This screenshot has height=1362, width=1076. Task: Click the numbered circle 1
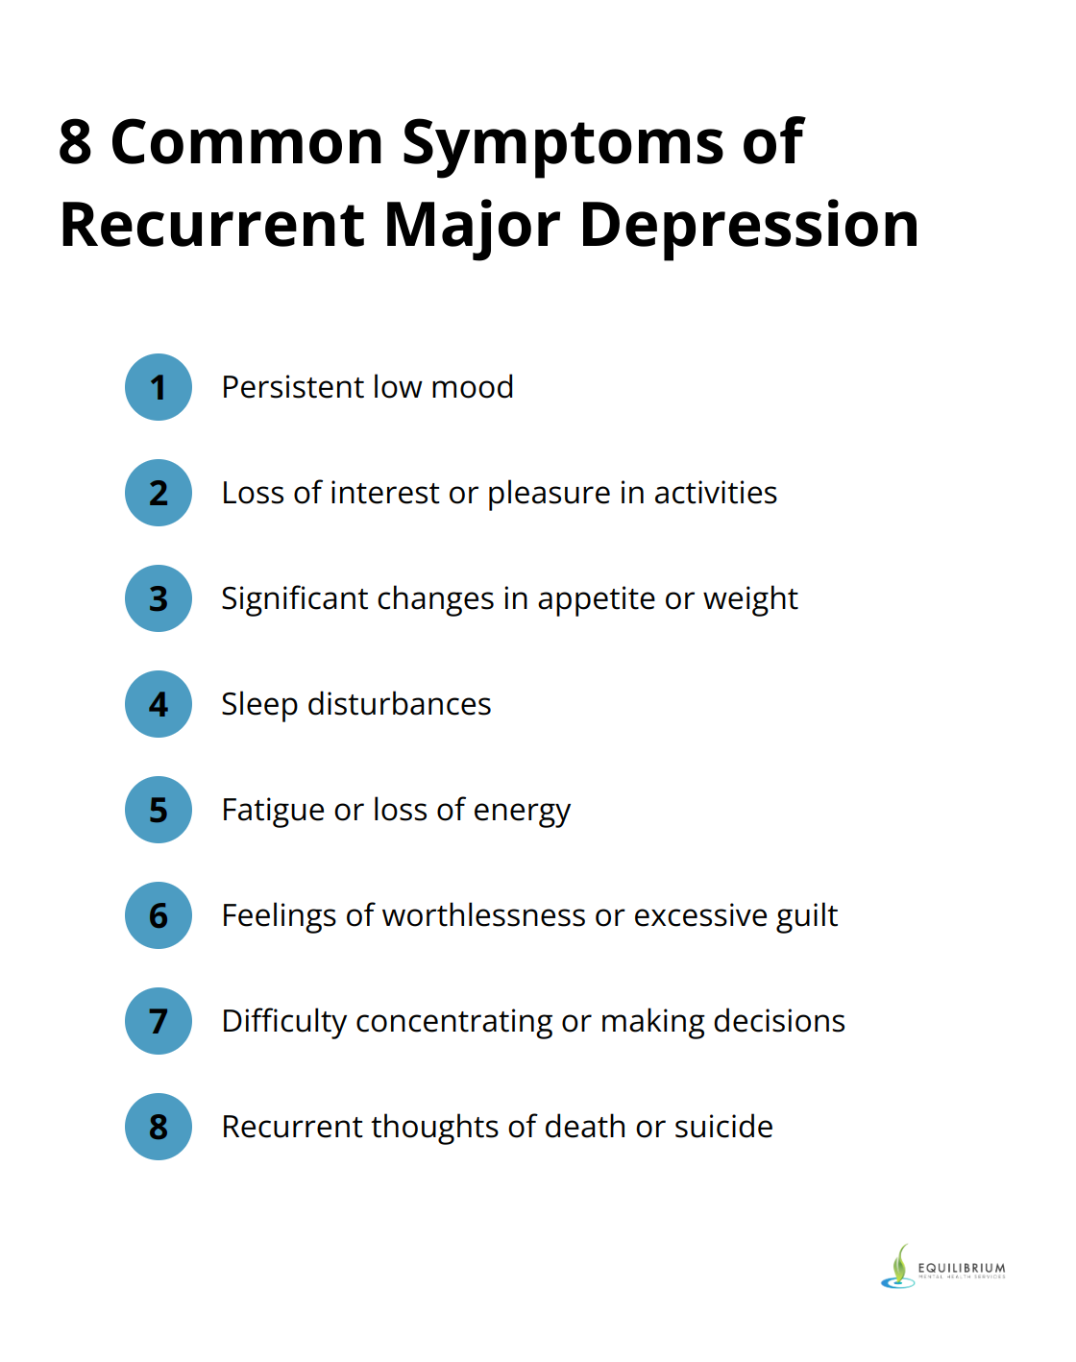coord(159,387)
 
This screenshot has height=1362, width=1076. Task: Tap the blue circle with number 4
coord(159,704)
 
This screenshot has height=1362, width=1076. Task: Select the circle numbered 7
coord(159,1021)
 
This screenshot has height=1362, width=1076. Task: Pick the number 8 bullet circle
coord(159,1127)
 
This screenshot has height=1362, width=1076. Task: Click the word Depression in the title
coord(749,226)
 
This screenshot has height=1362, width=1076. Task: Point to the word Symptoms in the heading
coord(562,144)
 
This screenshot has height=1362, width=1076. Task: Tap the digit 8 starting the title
coord(75,142)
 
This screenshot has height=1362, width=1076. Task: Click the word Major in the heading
coord(472,226)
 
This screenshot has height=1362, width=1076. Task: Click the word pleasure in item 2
coord(549,494)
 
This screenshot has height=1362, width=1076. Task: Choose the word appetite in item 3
coord(596,599)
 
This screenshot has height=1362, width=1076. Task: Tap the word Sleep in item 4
coord(259,705)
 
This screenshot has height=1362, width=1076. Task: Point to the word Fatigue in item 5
coord(273,811)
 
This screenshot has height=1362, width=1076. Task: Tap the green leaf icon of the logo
coord(900,1264)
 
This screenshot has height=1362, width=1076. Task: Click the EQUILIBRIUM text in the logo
coord(962,1268)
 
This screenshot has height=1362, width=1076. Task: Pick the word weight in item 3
coord(750,599)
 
